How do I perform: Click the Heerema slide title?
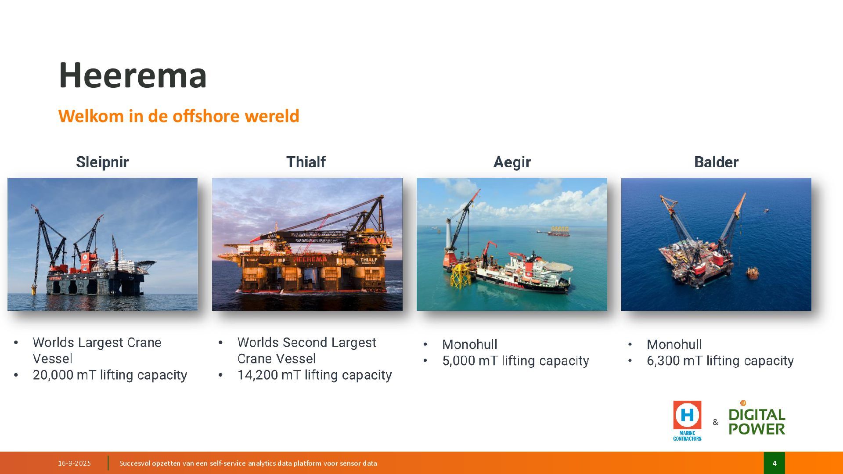coord(133,75)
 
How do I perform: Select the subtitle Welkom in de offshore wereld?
coord(179,116)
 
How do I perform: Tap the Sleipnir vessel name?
coord(102,162)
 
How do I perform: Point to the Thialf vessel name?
coord(306,162)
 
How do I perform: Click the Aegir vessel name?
coord(512,162)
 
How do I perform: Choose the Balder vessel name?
coord(716,162)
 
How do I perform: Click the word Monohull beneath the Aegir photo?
coord(470,345)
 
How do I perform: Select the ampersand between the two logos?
coord(715,422)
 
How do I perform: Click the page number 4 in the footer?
coord(775,463)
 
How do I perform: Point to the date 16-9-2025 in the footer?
coord(74,463)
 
